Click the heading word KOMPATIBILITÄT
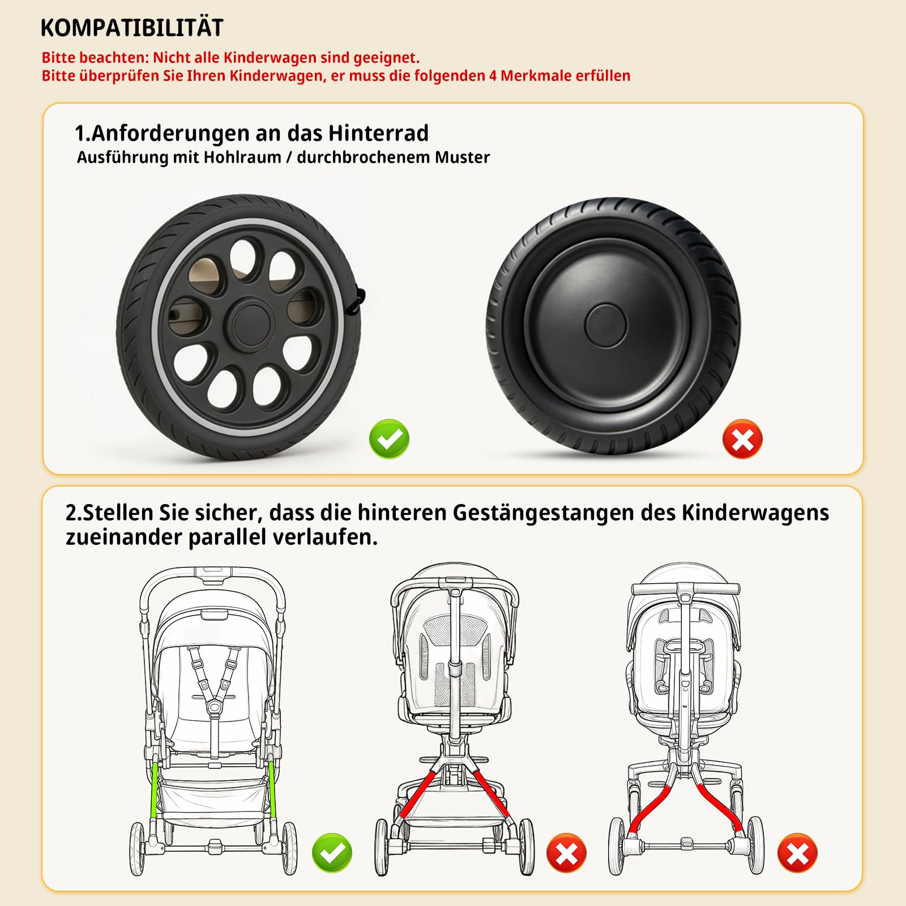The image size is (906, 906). [132, 28]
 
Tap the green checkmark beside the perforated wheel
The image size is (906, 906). [389, 439]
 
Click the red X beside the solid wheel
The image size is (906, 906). [742, 439]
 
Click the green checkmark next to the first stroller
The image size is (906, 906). [332, 853]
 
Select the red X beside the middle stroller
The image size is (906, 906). [566, 853]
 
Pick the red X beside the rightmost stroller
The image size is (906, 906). [797, 853]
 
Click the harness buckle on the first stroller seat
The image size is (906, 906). [213, 707]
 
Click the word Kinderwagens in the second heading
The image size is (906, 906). [755, 512]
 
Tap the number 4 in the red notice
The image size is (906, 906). [493, 76]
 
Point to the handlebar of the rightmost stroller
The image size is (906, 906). [685, 589]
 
